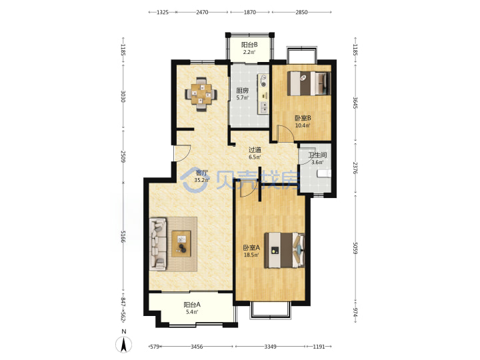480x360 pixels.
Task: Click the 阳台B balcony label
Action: point(249,45)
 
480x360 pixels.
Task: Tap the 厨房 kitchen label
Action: point(242,91)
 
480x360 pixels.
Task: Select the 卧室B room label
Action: point(303,118)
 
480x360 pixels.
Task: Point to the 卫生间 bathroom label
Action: point(317,155)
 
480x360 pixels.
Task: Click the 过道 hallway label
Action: point(255,150)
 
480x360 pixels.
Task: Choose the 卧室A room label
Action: point(251,247)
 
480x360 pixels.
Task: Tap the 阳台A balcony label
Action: point(192,305)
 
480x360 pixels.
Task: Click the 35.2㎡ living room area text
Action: point(202,180)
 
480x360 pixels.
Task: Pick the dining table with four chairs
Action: point(201,94)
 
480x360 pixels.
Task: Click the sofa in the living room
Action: point(158,244)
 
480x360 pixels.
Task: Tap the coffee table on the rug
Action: point(181,244)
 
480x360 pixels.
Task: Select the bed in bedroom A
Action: point(285,250)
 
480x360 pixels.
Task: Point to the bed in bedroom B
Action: point(309,83)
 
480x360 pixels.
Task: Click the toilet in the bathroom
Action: point(324,174)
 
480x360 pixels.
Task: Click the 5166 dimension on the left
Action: point(123,237)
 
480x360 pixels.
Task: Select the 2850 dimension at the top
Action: point(301,12)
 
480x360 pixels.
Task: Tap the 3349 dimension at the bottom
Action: point(270,347)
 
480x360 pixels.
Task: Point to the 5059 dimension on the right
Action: point(355,248)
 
